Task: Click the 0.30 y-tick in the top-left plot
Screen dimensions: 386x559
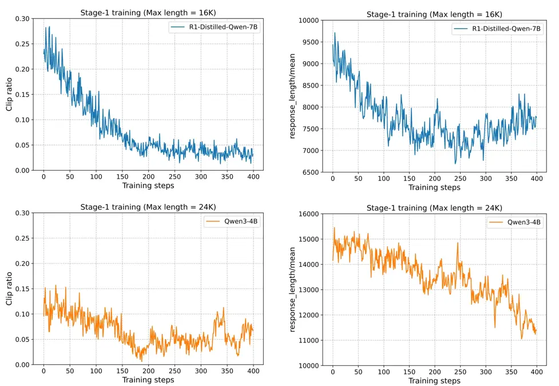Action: [x=26, y=18]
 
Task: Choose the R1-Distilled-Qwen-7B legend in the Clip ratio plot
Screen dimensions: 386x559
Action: [x=215, y=28]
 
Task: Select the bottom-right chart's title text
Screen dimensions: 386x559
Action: [x=434, y=207]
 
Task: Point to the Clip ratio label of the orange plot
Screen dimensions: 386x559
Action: [x=10, y=289]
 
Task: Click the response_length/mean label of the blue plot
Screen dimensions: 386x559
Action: [x=292, y=96]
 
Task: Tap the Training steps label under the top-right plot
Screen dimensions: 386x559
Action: [x=434, y=187]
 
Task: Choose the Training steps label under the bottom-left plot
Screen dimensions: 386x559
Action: [x=148, y=380]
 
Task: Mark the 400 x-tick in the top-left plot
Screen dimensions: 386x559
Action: [x=252, y=177]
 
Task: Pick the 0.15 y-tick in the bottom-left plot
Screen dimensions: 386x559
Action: [x=26, y=289]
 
